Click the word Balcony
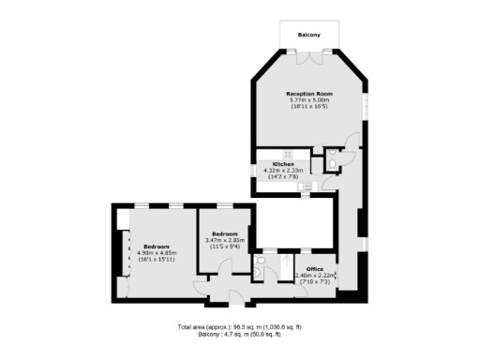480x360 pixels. pos(308,35)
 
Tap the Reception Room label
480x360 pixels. pos(309,94)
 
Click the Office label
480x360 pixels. pos(314,269)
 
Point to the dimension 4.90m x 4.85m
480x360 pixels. pos(157,252)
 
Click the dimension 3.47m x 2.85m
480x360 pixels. pos(224,240)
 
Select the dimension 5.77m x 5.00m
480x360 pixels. pos(309,100)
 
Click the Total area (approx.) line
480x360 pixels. pos(240,326)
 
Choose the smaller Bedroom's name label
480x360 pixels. pos(224,233)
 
